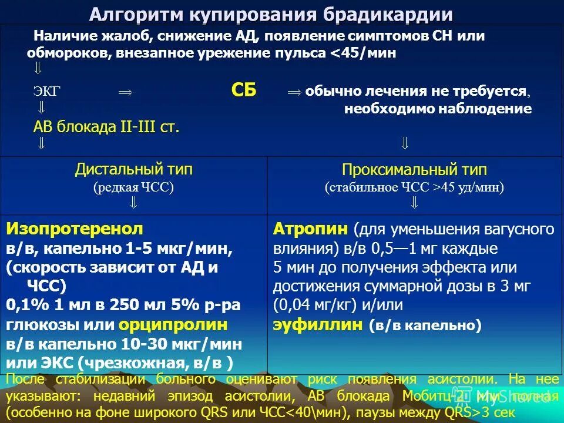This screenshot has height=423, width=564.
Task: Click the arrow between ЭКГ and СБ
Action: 125,92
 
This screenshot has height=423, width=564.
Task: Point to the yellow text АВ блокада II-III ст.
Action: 106,127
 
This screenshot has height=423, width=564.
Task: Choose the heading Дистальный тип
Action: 133,170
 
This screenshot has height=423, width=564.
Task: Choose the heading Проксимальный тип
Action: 414,170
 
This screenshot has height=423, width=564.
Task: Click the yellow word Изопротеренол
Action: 75,229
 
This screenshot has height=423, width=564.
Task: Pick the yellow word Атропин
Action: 311,229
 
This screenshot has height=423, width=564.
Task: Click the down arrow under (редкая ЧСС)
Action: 133,203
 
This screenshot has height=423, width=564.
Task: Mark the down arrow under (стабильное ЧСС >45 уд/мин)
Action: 414,203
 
